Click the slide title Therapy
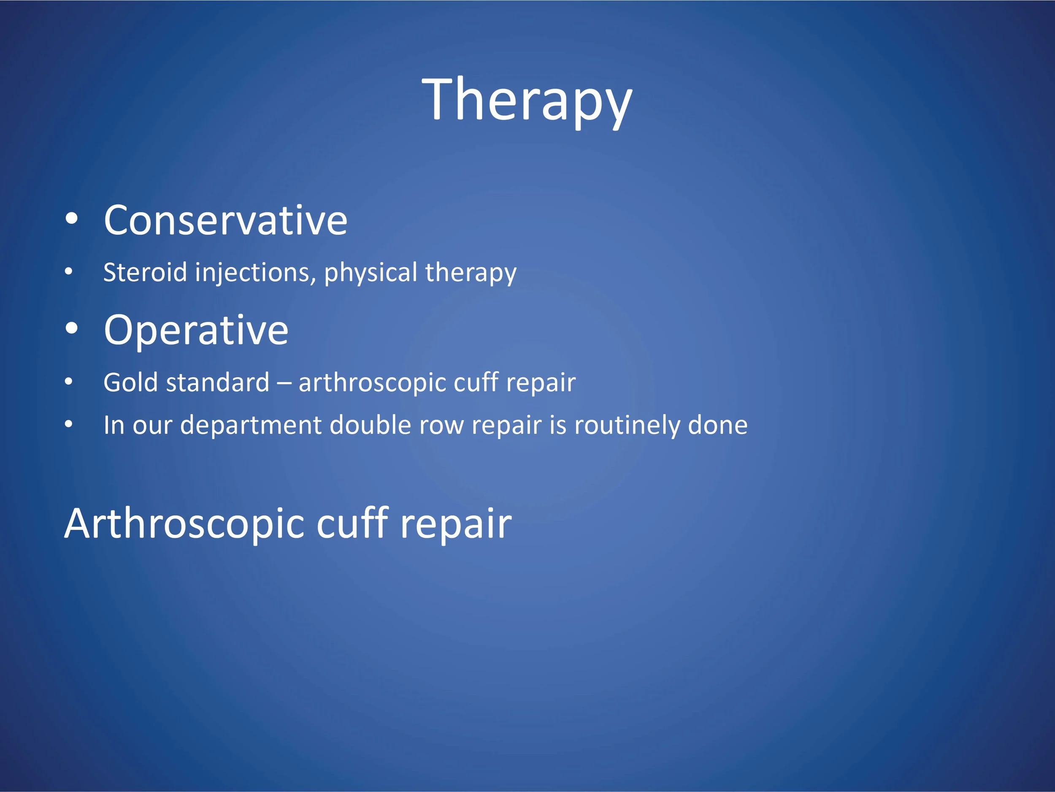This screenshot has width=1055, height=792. [527, 102]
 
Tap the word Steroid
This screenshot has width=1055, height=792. [145, 272]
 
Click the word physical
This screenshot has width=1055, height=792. [371, 273]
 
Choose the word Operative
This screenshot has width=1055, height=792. [196, 330]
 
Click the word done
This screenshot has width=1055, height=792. [717, 425]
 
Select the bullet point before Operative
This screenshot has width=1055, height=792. [72, 329]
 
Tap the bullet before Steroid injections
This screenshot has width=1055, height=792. [69, 272]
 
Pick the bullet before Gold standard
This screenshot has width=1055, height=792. [69, 382]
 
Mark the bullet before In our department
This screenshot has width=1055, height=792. [69, 424]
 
